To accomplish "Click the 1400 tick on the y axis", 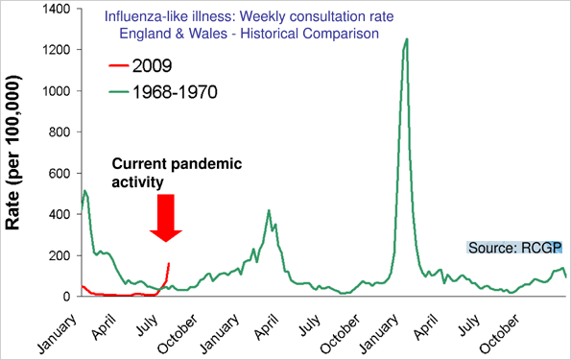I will pos(58,9).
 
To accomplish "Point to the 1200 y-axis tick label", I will pos(58,50).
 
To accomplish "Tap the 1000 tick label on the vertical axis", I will pos(58,91).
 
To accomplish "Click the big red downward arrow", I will pos(165,216).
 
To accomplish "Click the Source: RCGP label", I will pos(513,247).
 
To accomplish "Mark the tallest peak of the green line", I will pos(407,39).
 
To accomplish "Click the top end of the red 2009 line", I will pos(169,263).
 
